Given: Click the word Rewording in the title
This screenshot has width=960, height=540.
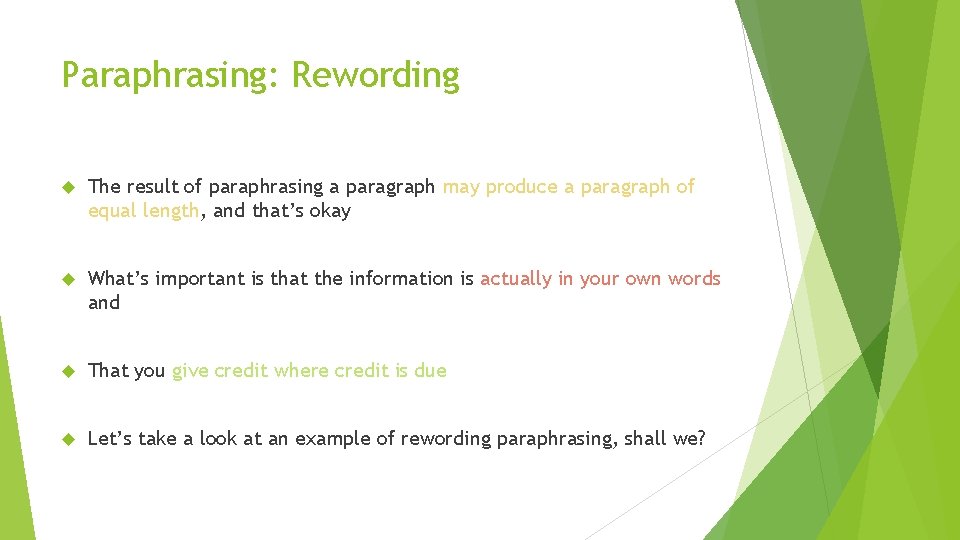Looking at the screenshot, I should [376, 76].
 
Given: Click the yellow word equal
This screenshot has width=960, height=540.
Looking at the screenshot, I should [113, 211].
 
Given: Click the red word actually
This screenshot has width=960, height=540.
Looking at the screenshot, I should [516, 279].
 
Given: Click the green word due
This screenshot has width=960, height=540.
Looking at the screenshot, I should [430, 371].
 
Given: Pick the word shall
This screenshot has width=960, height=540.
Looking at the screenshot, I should [646, 439].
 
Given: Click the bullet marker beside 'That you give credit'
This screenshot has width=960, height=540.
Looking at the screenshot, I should [69, 371].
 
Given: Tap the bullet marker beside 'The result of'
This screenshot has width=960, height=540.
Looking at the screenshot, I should [69, 187].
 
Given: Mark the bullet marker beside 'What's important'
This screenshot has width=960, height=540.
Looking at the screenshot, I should [69, 279].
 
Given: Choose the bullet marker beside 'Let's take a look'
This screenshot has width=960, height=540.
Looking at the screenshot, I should [69, 439].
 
